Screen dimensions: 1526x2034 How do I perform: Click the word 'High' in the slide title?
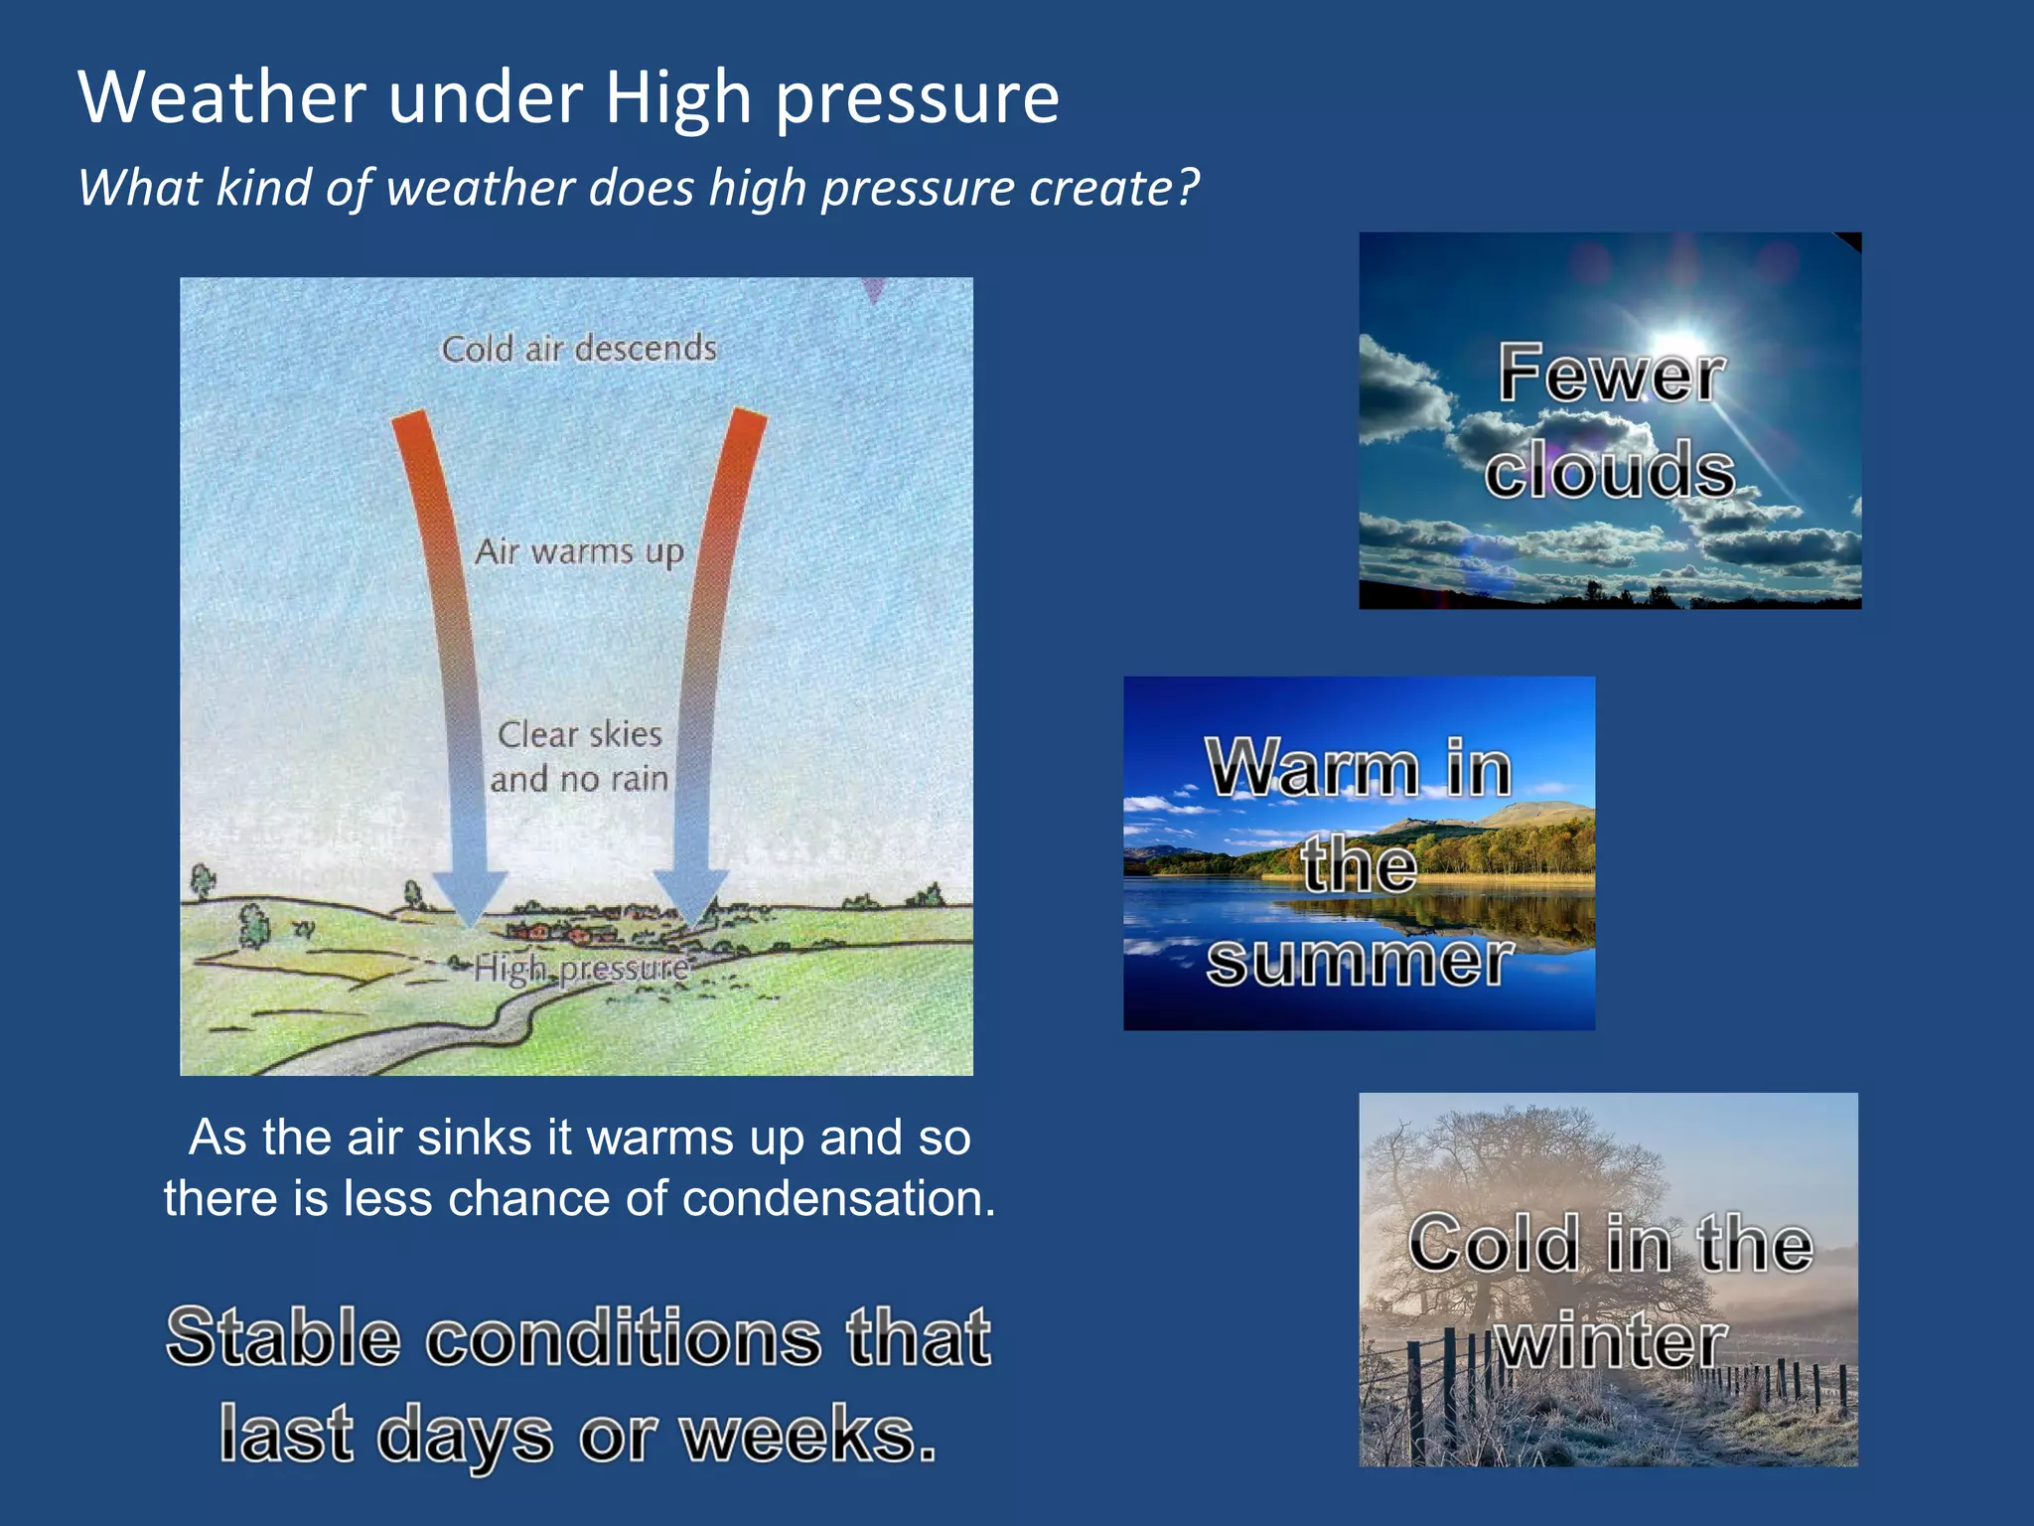coord(677,99)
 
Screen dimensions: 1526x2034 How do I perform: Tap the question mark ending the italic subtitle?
coord(1187,187)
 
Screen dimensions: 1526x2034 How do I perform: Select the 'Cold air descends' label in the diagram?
coord(579,349)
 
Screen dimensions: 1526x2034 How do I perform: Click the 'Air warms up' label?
coord(579,551)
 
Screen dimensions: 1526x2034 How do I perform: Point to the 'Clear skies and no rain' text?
coord(579,756)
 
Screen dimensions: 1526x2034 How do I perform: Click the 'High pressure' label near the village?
coord(581,968)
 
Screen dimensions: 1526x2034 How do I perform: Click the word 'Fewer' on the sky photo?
coord(1610,375)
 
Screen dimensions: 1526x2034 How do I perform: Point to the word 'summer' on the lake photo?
coord(1359,961)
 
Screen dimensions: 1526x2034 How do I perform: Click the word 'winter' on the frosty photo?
coord(1611,1341)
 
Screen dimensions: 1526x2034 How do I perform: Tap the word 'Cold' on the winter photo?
coord(1493,1244)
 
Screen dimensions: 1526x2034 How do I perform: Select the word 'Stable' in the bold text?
coord(283,1337)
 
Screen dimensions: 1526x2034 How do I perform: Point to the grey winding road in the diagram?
coord(427,1043)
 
